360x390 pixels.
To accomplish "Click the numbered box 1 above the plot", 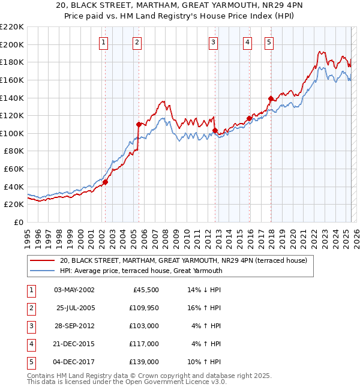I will [104, 42].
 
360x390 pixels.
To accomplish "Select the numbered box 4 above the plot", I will [247, 42].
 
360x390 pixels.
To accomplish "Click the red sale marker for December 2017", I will [271, 98].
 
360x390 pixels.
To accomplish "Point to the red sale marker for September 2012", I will [215, 130].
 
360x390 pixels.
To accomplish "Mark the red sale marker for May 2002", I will [105, 182].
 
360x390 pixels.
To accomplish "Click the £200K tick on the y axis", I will [12, 44].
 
